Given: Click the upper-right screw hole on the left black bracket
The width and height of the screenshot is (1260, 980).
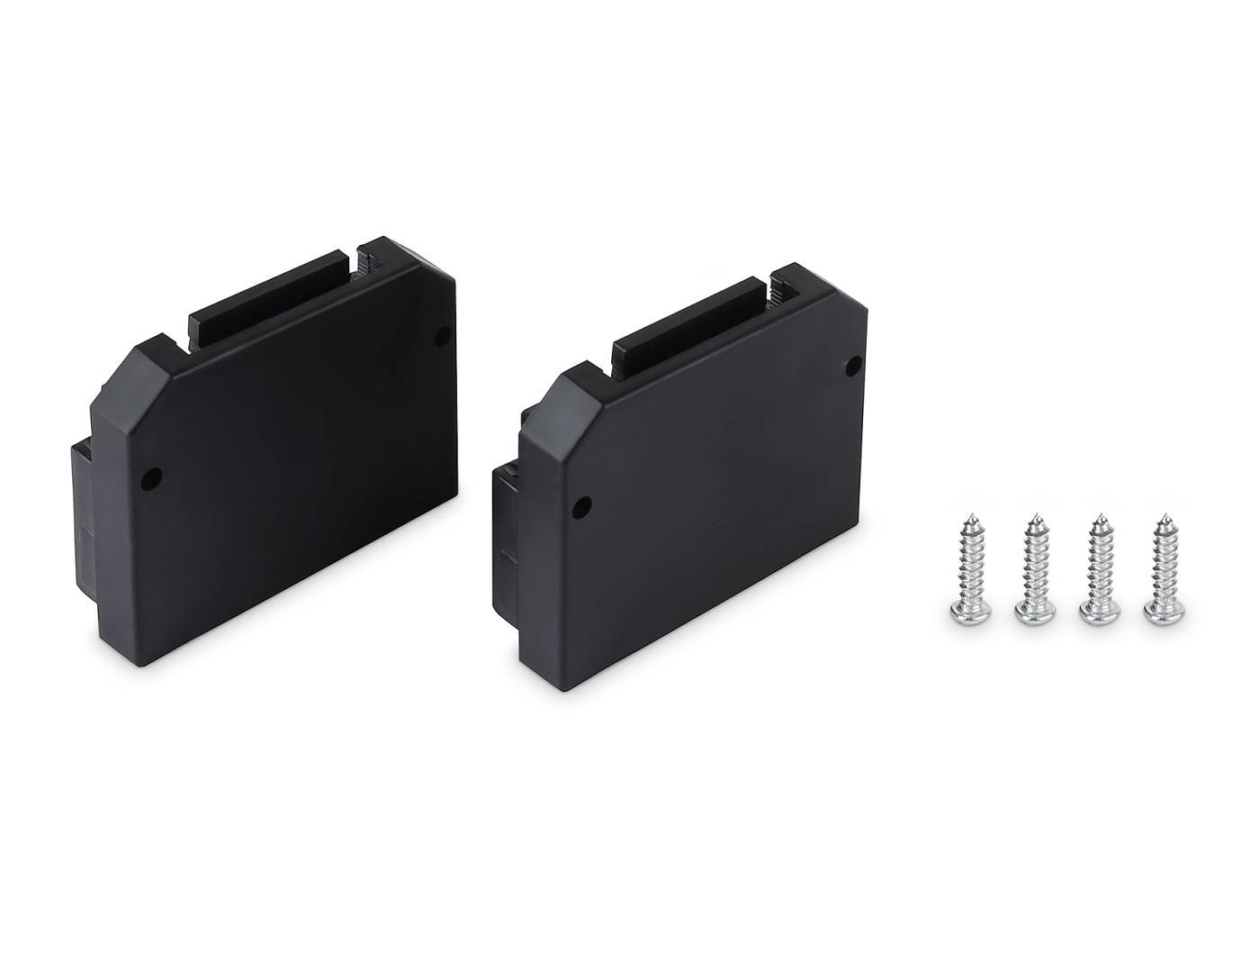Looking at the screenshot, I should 442,337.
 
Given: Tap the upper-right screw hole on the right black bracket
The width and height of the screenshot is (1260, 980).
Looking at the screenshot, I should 856,366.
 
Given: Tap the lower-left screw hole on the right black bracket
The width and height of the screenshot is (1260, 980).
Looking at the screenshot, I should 582,507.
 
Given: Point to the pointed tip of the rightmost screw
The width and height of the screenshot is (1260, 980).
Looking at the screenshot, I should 1165,517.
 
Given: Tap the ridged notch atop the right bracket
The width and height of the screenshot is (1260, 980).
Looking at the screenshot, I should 779,291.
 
